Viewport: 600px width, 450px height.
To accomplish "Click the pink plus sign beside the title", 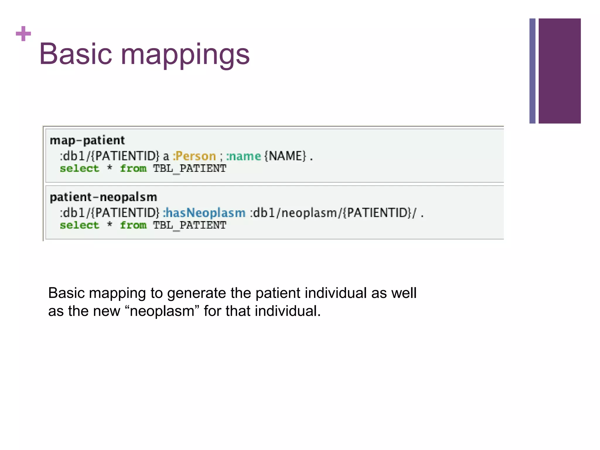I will click(23, 34).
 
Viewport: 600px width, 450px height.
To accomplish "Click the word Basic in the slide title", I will click(76, 54).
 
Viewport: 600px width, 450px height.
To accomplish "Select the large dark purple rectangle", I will click(559, 71).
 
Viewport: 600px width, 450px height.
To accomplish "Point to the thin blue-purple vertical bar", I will click(532, 71).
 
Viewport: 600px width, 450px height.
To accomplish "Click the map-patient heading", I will click(87, 141).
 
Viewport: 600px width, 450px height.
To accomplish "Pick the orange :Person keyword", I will click(194, 156).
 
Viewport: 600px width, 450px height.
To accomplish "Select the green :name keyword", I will click(243, 156).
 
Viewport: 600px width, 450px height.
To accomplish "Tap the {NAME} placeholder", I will click(285, 156).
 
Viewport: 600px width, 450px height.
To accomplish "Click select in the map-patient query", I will click(79, 168).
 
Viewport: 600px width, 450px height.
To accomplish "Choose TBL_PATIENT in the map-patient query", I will click(190, 169).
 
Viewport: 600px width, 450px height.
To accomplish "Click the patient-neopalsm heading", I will click(103, 197).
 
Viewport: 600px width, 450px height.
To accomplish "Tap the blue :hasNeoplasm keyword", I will click(204, 213).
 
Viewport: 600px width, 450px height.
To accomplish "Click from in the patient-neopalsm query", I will click(133, 225).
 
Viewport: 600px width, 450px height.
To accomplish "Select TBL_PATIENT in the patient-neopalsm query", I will click(190, 226).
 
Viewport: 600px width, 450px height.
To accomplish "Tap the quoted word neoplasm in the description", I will click(162, 311).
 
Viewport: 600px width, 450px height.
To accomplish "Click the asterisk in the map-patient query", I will click(110, 168).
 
